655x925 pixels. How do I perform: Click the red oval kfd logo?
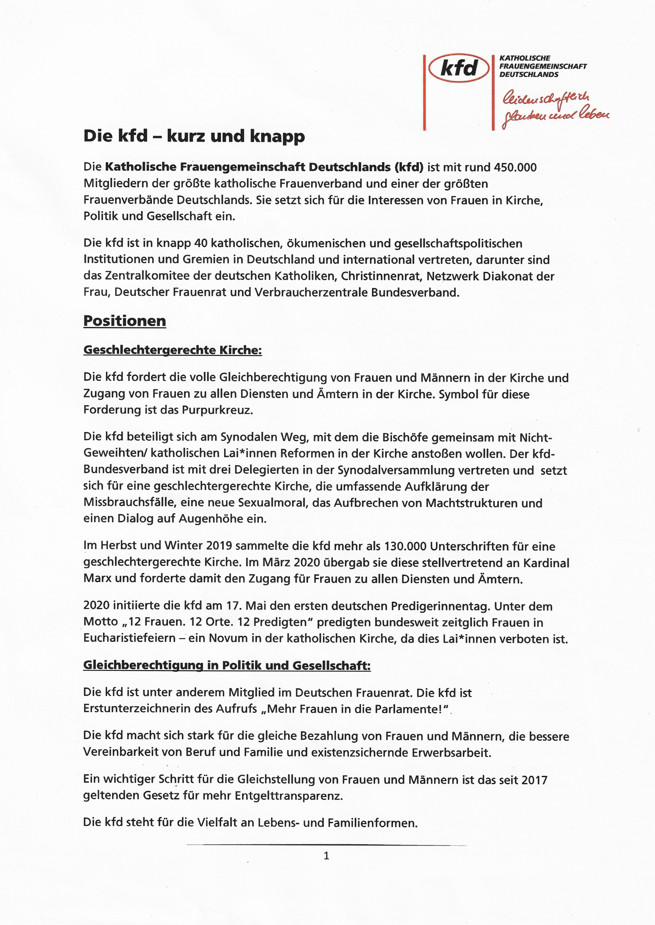(x=459, y=68)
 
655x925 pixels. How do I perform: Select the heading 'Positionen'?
(x=125, y=321)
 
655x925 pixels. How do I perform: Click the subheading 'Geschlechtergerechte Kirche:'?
(x=172, y=350)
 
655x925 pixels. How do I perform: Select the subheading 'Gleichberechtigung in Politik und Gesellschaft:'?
(x=227, y=665)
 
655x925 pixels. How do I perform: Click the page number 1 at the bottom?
(x=326, y=856)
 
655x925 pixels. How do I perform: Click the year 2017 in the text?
(x=534, y=780)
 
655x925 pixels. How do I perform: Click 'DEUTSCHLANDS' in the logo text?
(x=529, y=75)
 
